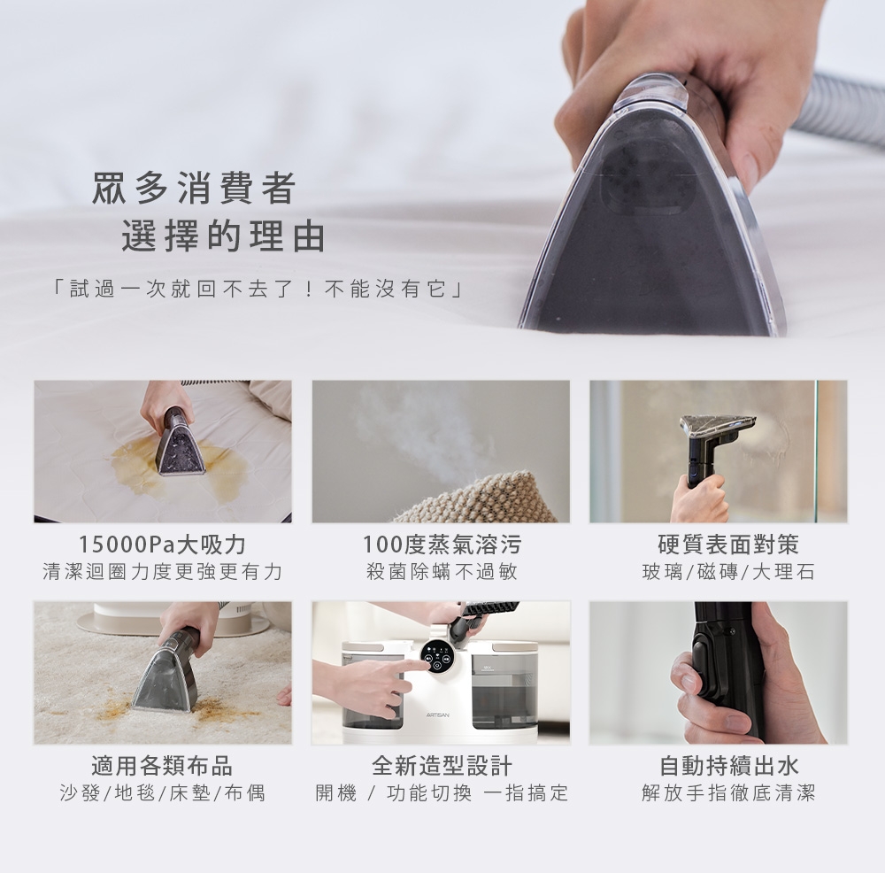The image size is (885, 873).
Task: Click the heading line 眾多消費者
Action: [x=194, y=188]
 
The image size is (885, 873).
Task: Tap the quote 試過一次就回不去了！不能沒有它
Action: [x=258, y=290]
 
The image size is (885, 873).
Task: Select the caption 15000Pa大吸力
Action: [x=163, y=545]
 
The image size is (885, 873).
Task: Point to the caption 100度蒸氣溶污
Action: [x=442, y=545]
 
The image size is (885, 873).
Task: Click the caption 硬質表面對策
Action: [x=728, y=545]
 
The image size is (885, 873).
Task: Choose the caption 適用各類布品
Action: [x=162, y=766]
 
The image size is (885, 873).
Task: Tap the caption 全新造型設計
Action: [x=442, y=766]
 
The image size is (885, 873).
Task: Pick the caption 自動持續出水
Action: [x=729, y=766]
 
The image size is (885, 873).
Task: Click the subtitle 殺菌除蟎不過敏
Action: [x=442, y=572]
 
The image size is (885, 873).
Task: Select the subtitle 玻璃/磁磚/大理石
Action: [x=728, y=572]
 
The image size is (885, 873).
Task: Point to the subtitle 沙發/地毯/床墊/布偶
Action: [x=163, y=793]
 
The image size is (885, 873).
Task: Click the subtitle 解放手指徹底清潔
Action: [x=728, y=793]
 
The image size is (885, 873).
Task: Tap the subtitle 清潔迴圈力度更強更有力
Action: [x=163, y=572]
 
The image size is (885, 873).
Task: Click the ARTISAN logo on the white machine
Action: [x=438, y=715]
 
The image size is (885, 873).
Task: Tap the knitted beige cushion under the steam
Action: [x=480, y=499]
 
